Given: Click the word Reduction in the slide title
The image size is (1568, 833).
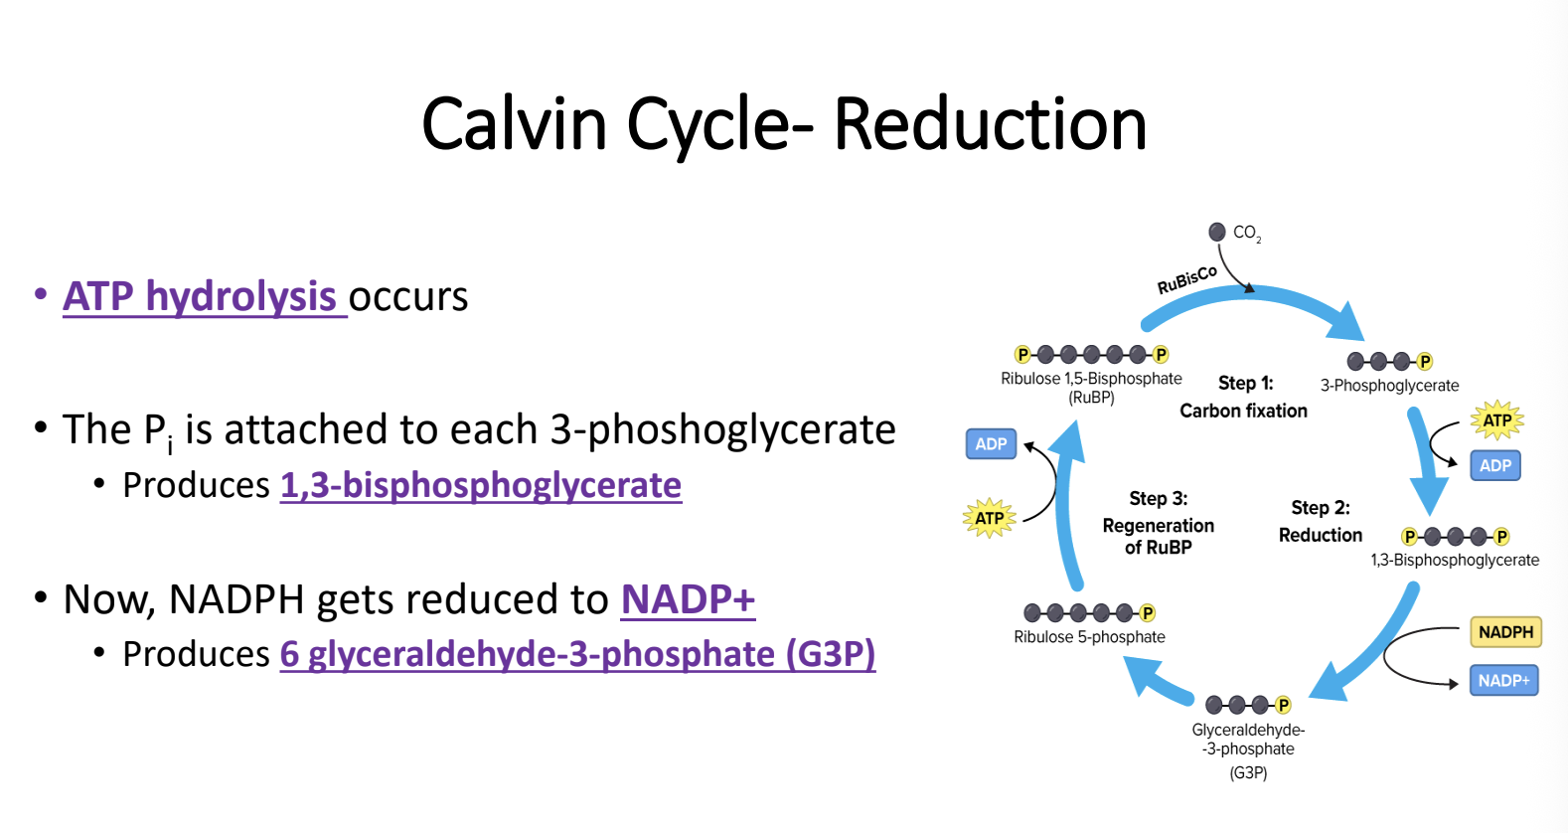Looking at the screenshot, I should pos(990,124).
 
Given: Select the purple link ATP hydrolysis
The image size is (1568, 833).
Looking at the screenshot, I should pos(201,296).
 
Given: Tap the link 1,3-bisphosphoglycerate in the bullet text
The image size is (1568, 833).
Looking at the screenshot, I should pos(481,485).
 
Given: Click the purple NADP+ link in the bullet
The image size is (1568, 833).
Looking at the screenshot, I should pos(688,599).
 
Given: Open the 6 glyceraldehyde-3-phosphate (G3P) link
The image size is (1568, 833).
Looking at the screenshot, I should pos(577,654).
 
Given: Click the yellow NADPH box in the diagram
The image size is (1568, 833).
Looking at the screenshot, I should pos(1505,632).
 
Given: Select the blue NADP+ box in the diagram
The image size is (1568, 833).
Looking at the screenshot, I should pos(1503,681).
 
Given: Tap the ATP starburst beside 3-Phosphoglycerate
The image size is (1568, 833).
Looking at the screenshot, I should pos(1496,420).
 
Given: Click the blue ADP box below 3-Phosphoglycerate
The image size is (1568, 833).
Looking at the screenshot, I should pos(1494,465).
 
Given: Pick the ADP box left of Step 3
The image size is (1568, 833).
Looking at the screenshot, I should pos(991,444).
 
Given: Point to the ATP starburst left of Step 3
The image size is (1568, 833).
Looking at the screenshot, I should pos(989,518).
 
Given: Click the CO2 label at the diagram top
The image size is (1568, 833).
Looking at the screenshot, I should pos(1246,233).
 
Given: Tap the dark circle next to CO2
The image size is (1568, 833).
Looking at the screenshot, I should pos(1217,232).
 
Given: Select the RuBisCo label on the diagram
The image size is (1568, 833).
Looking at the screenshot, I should pos(1186,280).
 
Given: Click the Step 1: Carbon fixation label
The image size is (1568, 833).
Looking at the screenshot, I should pos(1244,397).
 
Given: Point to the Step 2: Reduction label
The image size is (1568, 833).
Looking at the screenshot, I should pos(1320,521).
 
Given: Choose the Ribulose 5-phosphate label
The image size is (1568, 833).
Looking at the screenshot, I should pos(1089,637).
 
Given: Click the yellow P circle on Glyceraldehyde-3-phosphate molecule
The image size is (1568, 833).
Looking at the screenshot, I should pos(1283,705).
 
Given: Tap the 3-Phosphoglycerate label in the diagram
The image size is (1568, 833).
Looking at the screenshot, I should pos(1389,386).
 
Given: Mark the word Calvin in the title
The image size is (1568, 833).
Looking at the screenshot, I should pos(514,124).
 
